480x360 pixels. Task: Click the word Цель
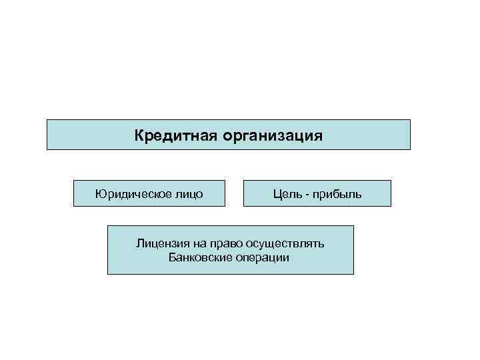click(286, 194)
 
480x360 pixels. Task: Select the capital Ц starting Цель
click(276, 194)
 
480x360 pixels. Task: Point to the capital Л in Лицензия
click(140, 243)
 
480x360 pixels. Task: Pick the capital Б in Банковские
click(173, 257)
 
